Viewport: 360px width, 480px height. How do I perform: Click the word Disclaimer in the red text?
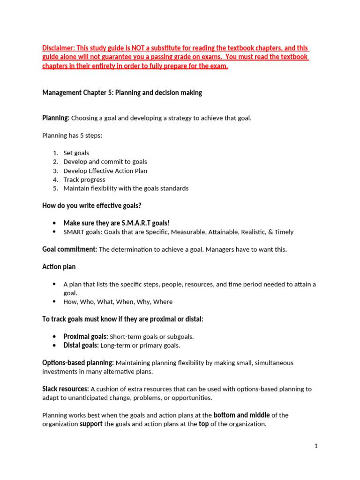pos(57,49)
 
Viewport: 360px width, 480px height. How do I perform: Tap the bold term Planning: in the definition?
pos(56,118)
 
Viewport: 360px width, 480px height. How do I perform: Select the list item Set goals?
pos(76,153)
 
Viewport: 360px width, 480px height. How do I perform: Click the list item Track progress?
pos(84,180)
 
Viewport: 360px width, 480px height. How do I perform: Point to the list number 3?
pos(55,171)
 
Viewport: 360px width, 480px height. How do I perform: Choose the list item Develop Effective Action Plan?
pos(105,171)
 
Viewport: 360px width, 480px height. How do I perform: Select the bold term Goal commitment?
pos(69,249)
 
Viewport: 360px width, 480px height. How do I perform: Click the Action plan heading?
pos(59,267)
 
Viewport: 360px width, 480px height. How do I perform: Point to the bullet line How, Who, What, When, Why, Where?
pos(118,302)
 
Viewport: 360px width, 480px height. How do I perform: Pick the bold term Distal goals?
pos(81,345)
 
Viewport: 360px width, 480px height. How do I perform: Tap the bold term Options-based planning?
pos(78,363)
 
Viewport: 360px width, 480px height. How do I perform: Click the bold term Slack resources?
pos(66,389)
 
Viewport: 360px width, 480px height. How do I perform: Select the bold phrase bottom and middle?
pos(241,415)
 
